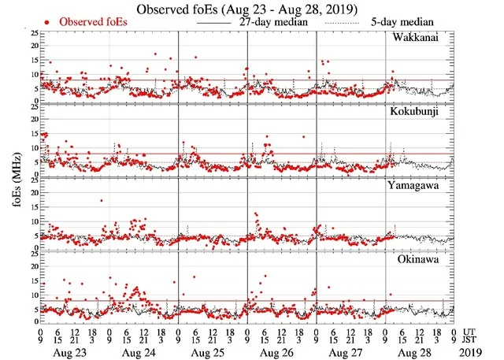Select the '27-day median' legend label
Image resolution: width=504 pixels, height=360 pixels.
click(271, 23)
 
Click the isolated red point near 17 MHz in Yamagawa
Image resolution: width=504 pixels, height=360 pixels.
click(101, 201)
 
